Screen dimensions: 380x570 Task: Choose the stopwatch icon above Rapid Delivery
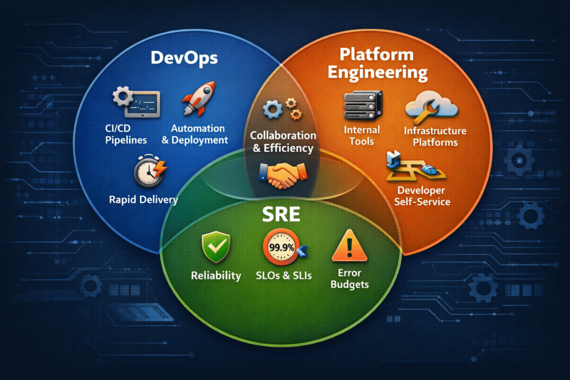point(148,171)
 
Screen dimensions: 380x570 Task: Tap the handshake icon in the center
point(283,174)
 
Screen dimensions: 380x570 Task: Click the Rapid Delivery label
point(144,199)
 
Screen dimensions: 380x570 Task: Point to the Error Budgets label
point(349,278)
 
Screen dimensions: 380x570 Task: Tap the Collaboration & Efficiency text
point(283,142)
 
